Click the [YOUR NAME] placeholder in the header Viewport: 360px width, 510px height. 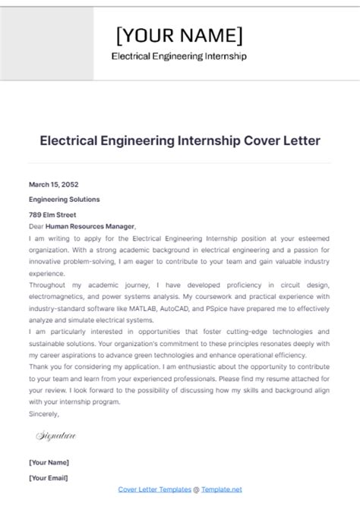(x=179, y=35)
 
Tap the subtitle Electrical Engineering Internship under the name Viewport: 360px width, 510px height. (x=179, y=56)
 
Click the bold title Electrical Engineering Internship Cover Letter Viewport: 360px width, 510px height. (x=180, y=141)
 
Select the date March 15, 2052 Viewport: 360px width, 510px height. (x=53, y=184)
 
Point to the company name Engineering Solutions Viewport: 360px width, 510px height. (x=64, y=200)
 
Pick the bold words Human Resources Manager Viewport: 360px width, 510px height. (x=90, y=226)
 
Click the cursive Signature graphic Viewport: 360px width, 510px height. (x=56, y=436)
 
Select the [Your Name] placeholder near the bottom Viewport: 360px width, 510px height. (x=49, y=462)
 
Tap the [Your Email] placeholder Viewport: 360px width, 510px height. (x=49, y=477)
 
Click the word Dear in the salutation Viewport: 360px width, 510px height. (x=36, y=226)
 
